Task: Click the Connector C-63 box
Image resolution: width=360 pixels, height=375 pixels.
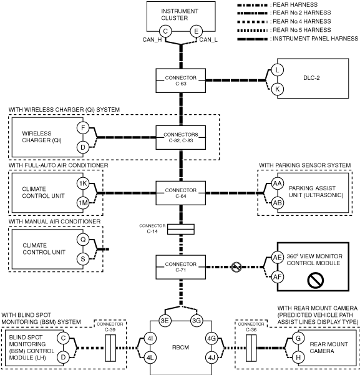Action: [x=180, y=80]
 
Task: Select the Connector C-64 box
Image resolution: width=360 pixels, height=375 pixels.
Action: [x=180, y=193]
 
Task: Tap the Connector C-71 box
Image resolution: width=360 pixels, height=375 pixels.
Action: [x=180, y=267]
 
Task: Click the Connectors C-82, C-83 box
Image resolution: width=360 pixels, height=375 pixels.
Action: [x=180, y=137]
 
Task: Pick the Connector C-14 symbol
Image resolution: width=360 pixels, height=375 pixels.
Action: [x=180, y=229]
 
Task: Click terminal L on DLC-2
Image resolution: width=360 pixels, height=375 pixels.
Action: [x=277, y=70]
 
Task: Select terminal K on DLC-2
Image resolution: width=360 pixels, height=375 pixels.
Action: [x=277, y=89]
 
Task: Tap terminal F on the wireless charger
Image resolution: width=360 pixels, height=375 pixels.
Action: [x=83, y=128]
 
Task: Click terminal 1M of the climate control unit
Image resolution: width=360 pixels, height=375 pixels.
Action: [x=83, y=203]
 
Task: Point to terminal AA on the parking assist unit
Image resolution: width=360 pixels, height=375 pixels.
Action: [x=277, y=183]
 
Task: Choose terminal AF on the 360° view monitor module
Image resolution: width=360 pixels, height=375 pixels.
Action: [x=277, y=277]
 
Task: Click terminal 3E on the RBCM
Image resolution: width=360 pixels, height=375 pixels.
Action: [x=165, y=321]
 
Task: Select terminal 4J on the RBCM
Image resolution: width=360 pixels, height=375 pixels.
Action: [x=212, y=358]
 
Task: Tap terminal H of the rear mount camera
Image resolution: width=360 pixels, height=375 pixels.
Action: [x=298, y=358]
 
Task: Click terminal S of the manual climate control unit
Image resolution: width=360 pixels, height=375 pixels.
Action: [x=83, y=259]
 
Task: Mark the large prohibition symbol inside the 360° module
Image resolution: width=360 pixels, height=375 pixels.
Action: [x=316, y=280]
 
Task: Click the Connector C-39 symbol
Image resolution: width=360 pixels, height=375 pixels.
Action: [x=110, y=348]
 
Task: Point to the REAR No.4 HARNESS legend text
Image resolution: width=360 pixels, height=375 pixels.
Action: [x=302, y=21]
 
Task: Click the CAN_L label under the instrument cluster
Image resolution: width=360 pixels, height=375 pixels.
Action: [x=208, y=40]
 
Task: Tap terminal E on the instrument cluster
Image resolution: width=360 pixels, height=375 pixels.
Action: [x=196, y=31]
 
